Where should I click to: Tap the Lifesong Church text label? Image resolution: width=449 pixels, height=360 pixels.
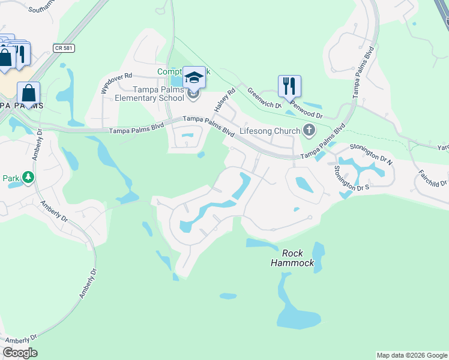(270, 131)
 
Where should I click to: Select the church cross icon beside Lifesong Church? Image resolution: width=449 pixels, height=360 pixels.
(309, 130)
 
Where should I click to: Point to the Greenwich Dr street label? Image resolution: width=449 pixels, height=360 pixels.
(264, 97)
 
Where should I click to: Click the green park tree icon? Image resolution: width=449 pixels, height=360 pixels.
(28, 177)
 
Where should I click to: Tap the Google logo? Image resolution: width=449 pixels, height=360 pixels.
(20, 353)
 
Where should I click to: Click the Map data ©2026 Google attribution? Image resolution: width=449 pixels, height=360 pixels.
(412, 355)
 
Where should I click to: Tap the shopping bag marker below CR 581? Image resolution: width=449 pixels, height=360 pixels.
(28, 94)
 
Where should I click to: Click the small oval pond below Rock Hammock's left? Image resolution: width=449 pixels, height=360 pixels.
(228, 296)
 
